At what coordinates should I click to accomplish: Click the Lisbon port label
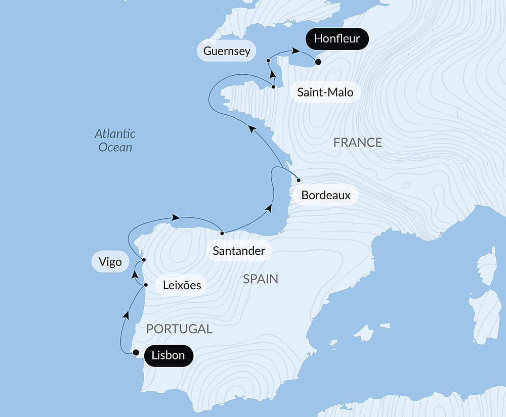click(168, 355)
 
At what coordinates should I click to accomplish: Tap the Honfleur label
click(336, 38)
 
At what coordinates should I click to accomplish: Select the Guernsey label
click(227, 51)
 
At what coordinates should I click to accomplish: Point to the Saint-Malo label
click(325, 92)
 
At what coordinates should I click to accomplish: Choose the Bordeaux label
click(326, 195)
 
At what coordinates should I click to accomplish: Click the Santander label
click(239, 251)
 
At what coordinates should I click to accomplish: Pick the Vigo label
click(110, 262)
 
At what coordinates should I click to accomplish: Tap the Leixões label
click(182, 286)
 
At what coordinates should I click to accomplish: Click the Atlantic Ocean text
click(115, 141)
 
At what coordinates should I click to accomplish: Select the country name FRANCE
click(358, 143)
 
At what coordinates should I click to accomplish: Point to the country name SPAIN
click(261, 279)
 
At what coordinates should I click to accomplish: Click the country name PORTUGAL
click(179, 329)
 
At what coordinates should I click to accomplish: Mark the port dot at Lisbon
click(136, 353)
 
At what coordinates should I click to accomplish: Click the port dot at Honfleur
click(318, 62)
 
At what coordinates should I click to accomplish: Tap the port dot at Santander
click(222, 233)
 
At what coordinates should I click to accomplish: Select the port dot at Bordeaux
click(299, 180)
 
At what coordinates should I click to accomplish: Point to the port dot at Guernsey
click(268, 61)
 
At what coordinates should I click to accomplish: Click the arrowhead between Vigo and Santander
click(176, 217)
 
